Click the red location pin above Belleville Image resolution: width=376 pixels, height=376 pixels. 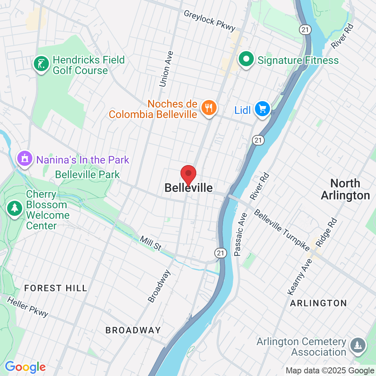point(188,174)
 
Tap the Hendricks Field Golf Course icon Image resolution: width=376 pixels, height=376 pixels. point(41,64)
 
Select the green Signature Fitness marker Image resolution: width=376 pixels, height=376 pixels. point(246,59)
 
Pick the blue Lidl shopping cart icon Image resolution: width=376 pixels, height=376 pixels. point(262,109)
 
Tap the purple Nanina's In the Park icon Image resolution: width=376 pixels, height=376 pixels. point(25,159)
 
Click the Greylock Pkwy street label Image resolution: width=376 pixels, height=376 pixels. point(209,20)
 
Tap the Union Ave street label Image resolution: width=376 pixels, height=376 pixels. point(166,69)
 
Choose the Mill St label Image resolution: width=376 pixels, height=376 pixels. point(150,243)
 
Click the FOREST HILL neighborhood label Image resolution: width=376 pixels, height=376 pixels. point(56,288)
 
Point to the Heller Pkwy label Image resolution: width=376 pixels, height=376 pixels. point(28,307)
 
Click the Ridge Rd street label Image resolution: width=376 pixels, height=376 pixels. point(326,232)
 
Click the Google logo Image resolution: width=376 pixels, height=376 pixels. point(25,367)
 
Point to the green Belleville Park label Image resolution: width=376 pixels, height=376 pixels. point(87,174)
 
